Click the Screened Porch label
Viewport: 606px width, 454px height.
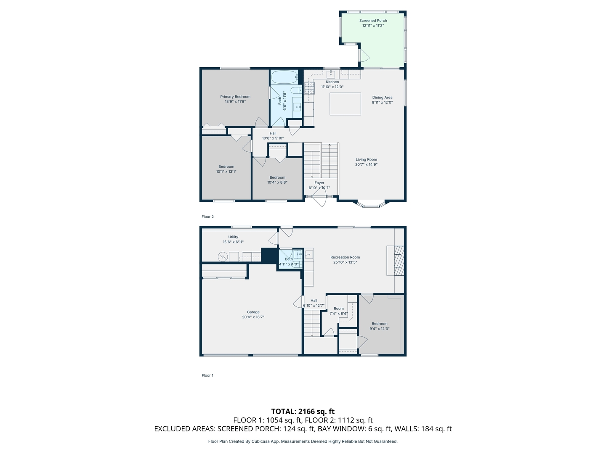pos(373,21)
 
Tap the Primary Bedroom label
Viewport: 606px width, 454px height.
pos(235,97)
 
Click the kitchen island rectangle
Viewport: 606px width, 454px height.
pos(345,104)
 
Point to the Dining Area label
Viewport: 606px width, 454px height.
pos(382,98)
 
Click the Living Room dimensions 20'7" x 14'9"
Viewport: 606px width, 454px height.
pos(366,164)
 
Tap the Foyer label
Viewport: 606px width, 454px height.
pos(319,183)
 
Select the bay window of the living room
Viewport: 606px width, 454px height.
pos(370,205)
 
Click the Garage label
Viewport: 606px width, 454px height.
pos(253,312)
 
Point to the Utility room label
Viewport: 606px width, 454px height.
pos(233,237)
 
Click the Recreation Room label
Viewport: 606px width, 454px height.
pos(345,257)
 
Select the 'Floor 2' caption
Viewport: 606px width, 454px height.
pos(207,217)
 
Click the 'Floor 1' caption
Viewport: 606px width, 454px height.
pos(207,375)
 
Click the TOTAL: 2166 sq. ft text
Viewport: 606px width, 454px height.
pos(303,411)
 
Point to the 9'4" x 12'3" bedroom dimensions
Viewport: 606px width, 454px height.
pos(380,329)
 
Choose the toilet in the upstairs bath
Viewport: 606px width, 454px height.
pos(296,90)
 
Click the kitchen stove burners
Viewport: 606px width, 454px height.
pos(309,87)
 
